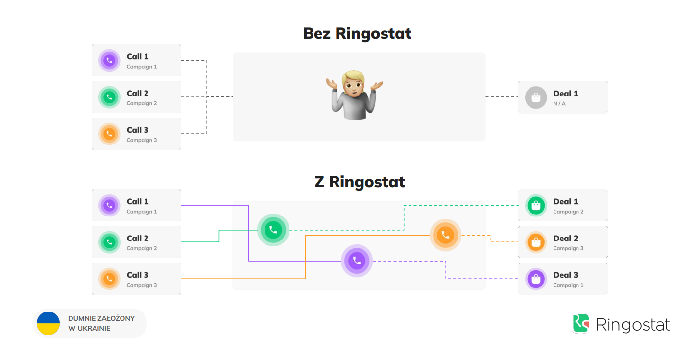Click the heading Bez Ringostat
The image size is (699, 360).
(x=357, y=33)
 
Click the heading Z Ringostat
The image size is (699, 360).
(x=360, y=182)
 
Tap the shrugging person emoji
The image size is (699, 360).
(x=354, y=95)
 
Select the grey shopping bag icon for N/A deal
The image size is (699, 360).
(x=536, y=97)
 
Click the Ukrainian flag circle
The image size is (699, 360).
(x=48, y=323)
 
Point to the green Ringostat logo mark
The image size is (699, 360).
(x=581, y=324)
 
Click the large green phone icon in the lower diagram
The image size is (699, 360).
(x=273, y=229)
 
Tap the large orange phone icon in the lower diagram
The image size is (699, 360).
(x=445, y=235)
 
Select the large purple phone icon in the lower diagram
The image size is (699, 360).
(x=357, y=261)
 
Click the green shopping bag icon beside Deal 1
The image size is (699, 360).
(x=536, y=206)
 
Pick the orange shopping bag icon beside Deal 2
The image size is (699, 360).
(x=536, y=242)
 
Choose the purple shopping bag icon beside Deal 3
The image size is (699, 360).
(x=536, y=279)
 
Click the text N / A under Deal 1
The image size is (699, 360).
(x=559, y=104)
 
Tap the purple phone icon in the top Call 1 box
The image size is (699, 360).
(x=109, y=61)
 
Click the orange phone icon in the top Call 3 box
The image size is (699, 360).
(x=109, y=134)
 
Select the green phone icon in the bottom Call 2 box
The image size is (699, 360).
(x=109, y=242)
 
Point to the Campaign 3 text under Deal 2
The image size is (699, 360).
(x=568, y=248)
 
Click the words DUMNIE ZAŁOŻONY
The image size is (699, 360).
(x=101, y=318)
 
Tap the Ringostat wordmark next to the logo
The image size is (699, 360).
(x=633, y=325)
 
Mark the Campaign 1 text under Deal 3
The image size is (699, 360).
(x=568, y=285)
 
